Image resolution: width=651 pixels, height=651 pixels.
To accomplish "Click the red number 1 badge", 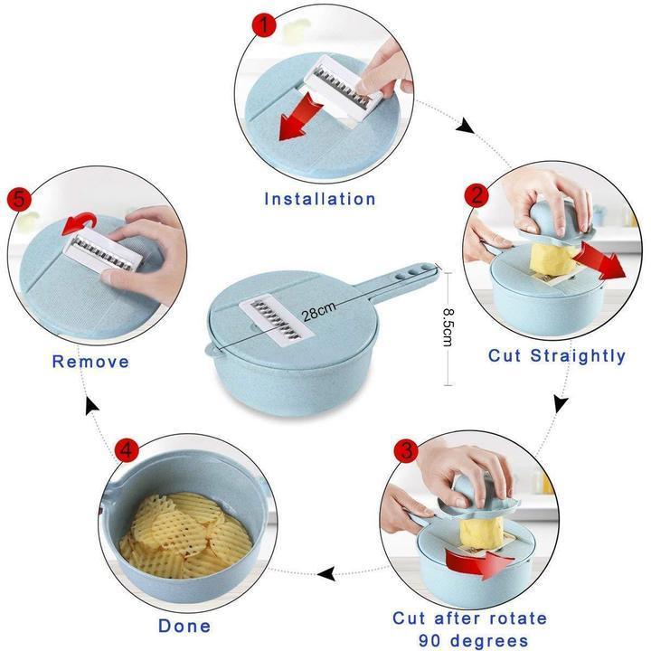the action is (x=264, y=24).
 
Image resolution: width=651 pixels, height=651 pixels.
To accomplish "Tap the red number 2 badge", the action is (x=476, y=194).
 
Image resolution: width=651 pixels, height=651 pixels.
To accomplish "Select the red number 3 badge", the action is (x=406, y=450).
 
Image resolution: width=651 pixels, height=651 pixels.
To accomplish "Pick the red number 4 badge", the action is (x=127, y=449).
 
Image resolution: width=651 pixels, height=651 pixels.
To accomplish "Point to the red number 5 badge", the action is (x=20, y=199).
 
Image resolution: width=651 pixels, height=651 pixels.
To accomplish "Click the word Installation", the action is (x=320, y=199).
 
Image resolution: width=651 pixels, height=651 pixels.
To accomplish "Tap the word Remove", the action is (x=90, y=361).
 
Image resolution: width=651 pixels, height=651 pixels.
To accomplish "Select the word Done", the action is (x=184, y=626).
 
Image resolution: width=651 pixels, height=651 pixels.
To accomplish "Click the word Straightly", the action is (x=578, y=356).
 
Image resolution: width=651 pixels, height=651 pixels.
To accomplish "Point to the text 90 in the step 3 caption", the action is (x=429, y=641).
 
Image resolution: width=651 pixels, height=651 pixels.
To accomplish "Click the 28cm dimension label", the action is (x=318, y=312).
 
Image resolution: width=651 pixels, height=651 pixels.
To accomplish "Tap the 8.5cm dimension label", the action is (x=448, y=327).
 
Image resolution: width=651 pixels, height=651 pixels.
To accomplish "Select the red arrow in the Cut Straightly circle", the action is (x=599, y=260).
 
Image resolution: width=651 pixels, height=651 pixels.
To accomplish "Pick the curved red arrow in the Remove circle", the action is (x=80, y=223).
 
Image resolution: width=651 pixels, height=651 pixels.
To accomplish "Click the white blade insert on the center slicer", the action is (x=276, y=320).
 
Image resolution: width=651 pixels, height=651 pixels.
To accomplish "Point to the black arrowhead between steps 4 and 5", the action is (x=91, y=406).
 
